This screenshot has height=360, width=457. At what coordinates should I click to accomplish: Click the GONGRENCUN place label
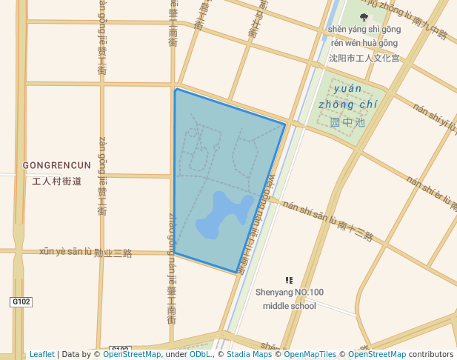[x=57, y=165]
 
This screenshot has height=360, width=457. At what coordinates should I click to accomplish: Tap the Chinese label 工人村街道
[x=57, y=181]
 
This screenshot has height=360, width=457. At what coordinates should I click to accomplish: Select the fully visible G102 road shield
[x=21, y=302]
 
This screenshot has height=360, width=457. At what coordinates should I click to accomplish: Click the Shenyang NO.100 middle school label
[x=289, y=299]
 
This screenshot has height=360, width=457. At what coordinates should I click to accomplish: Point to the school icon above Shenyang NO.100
[x=289, y=281]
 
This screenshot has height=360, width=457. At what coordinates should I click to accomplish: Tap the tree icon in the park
[x=364, y=17]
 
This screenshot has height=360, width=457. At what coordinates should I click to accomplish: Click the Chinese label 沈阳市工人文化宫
[x=364, y=58]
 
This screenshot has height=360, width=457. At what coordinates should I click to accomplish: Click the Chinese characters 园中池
[x=347, y=121]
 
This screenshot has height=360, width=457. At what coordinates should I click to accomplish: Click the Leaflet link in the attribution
[x=41, y=354]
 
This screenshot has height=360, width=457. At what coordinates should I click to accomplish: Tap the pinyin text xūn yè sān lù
[x=64, y=251]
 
